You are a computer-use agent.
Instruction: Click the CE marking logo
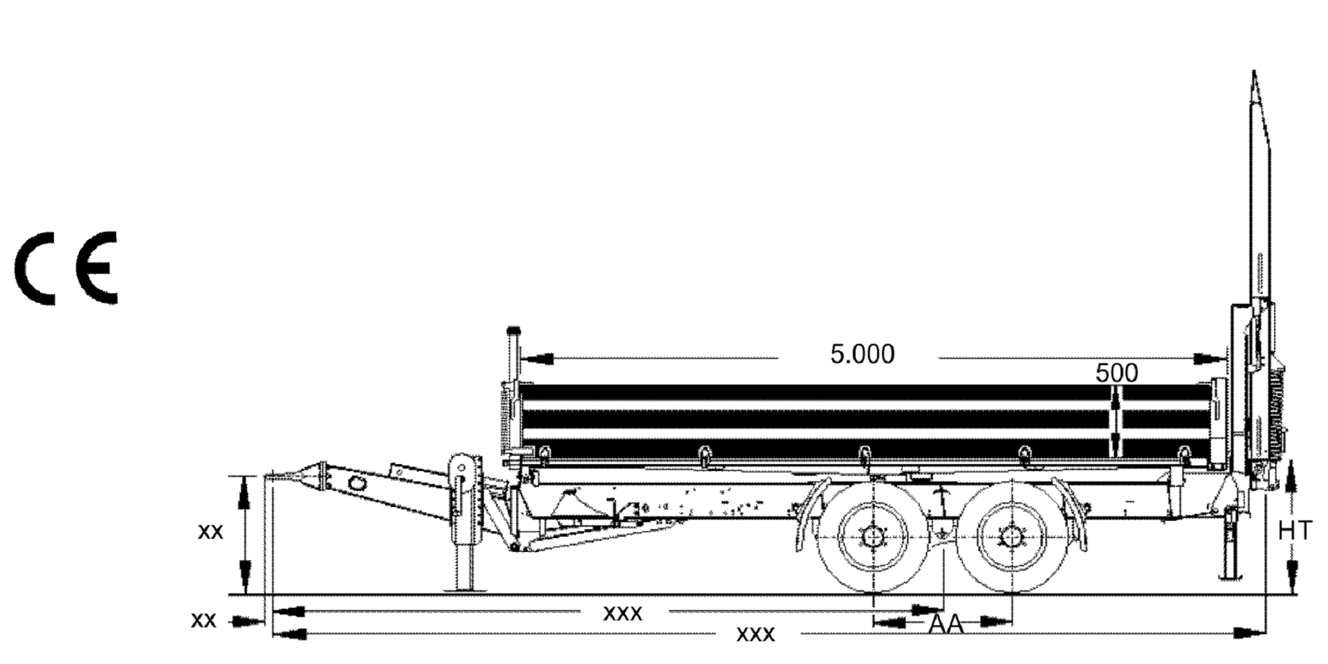pos(66,268)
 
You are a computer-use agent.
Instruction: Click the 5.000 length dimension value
pos(862,354)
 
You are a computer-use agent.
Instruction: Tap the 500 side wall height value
pos(1116,373)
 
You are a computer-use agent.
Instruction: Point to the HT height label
pos(1294,531)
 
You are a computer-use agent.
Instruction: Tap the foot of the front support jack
pos(464,589)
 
